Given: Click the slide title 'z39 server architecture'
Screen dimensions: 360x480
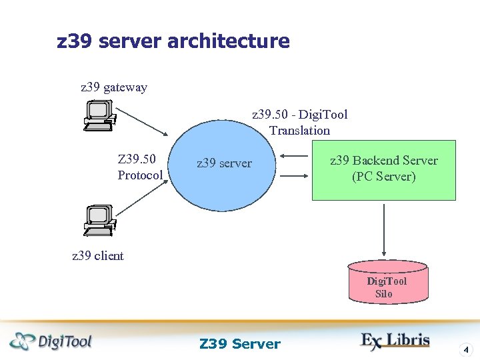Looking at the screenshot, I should click(x=173, y=41).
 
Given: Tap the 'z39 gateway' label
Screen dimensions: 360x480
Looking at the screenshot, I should click(x=114, y=87).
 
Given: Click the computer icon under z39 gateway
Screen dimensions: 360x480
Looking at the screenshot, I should click(x=99, y=115).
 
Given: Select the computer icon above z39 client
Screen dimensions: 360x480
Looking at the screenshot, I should click(x=99, y=220).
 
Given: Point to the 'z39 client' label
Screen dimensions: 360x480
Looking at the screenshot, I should click(x=98, y=256).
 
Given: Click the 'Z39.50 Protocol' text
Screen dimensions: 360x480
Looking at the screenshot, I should click(x=140, y=167).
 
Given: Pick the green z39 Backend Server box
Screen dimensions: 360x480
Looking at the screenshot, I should click(x=384, y=169).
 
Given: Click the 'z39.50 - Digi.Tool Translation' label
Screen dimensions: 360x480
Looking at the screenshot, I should click(x=299, y=123).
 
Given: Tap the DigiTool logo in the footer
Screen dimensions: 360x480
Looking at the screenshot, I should click(x=51, y=341).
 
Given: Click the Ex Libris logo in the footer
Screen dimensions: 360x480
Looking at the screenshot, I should click(x=395, y=340).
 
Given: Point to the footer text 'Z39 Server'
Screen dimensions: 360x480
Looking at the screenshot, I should click(x=240, y=344).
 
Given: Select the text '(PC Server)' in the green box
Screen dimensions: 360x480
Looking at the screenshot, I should click(x=384, y=177).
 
